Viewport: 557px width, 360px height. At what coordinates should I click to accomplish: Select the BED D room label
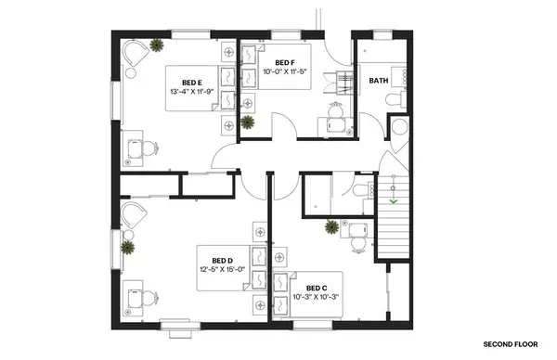pos(222,260)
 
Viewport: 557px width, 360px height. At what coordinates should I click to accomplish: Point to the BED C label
pos(317,288)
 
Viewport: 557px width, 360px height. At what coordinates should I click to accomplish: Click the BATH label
pos(379,80)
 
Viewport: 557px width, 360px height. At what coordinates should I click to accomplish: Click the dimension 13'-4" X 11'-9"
pos(192,93)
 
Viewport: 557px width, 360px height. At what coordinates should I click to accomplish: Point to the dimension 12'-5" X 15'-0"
pos(221,270)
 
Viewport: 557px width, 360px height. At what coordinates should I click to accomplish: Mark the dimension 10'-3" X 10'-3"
pos(317,298)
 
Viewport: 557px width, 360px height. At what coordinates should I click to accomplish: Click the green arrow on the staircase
pos(394,199)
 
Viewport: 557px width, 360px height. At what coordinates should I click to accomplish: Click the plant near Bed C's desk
pos(330,225)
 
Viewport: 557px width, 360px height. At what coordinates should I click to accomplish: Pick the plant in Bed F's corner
pos(247,122)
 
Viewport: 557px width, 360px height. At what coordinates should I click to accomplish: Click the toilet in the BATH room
pos(391,97)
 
